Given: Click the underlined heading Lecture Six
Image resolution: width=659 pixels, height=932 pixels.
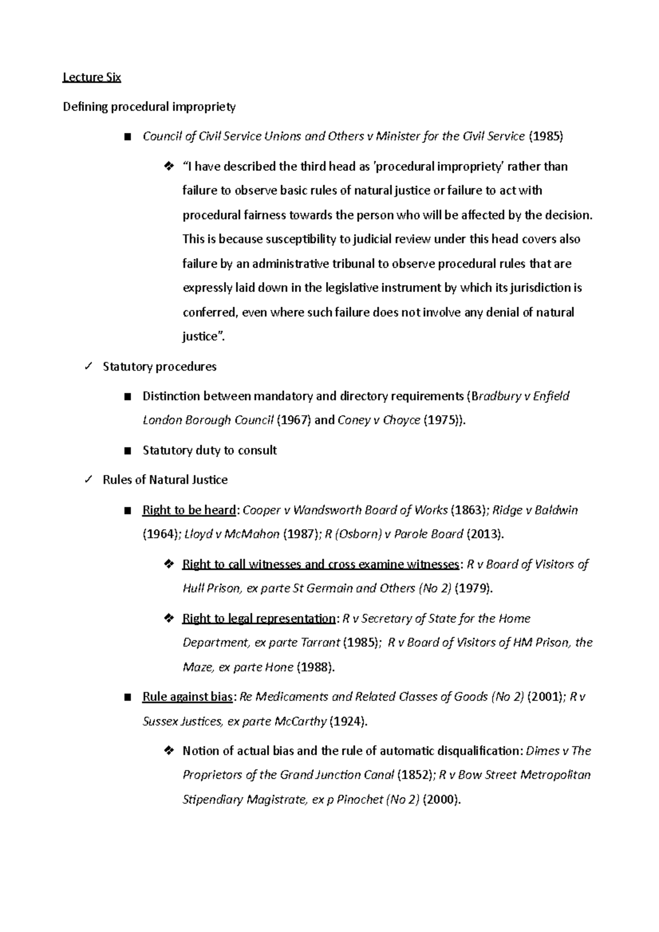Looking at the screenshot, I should coord(92,77).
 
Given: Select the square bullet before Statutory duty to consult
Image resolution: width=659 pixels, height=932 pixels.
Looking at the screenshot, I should coord(128,451).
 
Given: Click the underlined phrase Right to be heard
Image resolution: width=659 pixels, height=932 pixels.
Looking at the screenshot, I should coord(189,510).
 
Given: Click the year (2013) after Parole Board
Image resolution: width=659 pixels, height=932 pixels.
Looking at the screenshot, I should coord(484,534).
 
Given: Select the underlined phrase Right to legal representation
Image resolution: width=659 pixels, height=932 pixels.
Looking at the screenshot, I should coord(258,619).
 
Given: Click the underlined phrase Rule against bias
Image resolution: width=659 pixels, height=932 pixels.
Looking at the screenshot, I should coord(188,697).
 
